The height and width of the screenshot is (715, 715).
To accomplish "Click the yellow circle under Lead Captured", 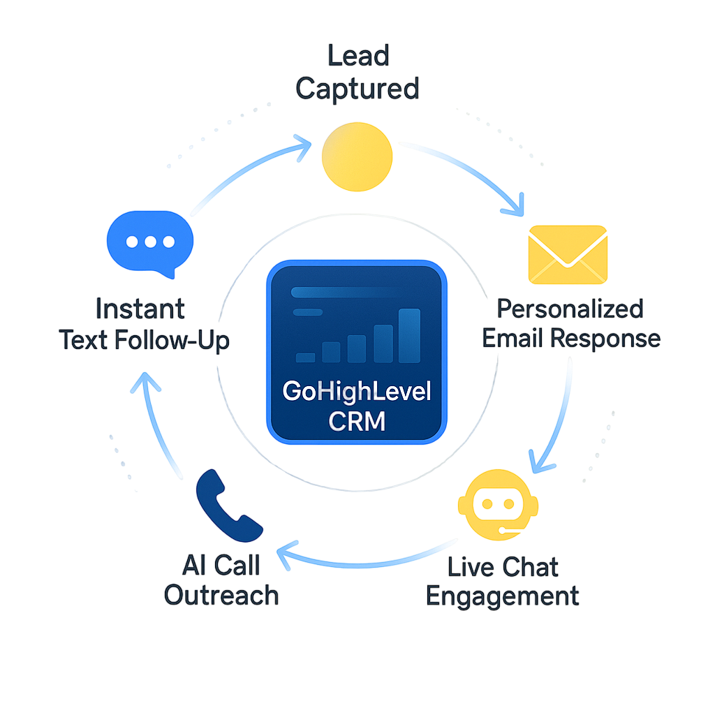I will (357, 157).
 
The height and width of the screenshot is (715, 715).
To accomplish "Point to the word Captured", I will (357, 89).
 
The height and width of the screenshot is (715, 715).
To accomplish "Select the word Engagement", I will (503, 597).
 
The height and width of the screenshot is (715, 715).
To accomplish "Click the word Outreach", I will (221, 596).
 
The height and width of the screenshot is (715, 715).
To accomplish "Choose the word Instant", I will (140, 308).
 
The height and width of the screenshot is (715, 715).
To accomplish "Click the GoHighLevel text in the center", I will (357, 391).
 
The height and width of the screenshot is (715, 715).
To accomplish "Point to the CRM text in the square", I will (357, 422).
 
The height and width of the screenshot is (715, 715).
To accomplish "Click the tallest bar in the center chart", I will (409, 336).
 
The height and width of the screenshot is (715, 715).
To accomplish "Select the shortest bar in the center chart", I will (305, 357).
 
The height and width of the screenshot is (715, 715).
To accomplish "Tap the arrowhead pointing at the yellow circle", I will (304, 147).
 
